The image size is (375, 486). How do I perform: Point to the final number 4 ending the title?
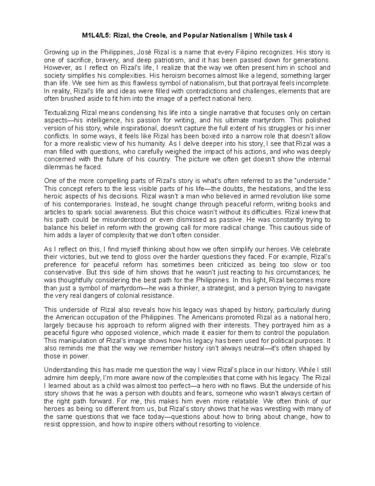291,36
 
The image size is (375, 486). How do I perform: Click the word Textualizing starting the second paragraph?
62,113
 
